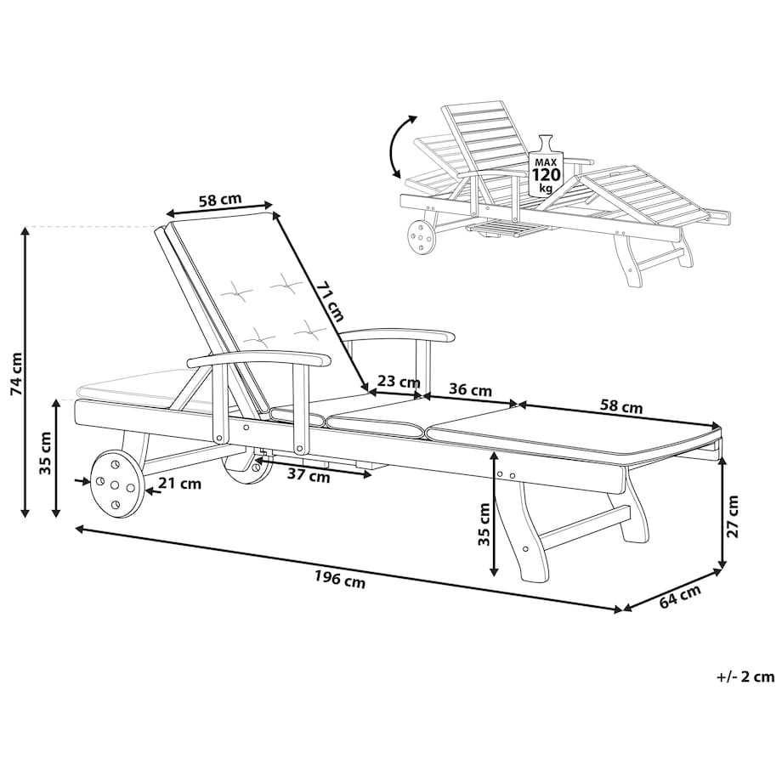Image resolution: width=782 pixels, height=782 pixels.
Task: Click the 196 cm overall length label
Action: pyautogui.click(x=340, y=580)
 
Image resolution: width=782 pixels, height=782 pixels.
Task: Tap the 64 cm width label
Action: pyautogui.click(x=680, y=597)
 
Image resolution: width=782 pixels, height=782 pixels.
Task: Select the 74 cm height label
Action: pyautogui.click(x=16, y=373)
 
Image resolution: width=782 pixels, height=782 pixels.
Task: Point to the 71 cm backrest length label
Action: pyautogui.click(x=330, y=302)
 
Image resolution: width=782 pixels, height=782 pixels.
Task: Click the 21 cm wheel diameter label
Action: pyautogui.click(x=180, y=483)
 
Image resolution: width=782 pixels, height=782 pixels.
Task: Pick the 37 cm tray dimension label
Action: pyautogui.click(x=309, y=476)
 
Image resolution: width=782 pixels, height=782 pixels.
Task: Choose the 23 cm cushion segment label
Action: pyautogui.click(x=399, y=382)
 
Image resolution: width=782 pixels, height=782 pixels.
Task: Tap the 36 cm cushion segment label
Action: pyautogui.click(x=470, y=389)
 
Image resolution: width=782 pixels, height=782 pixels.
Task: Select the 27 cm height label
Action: pyautogui.click(x=732, y=516)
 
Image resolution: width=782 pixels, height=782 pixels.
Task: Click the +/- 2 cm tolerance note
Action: pyautogui.click(x=745, y=677)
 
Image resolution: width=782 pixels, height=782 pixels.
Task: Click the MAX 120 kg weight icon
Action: pyautogui.click(x=546, y=166)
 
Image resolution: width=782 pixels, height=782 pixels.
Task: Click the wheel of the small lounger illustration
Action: pyautogui.click(x=422, y=239)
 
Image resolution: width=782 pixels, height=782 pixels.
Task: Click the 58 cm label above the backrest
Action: pyautogui.click(x=220, y=200)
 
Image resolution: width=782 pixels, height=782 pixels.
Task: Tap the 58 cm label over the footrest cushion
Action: pyautogui.click(x=620, y=406)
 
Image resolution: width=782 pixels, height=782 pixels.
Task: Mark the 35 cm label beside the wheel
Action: pyautogui.click(x=45, y=452)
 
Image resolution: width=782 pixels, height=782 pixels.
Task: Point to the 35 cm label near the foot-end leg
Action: pyautogui.click(x=484, y=524)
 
